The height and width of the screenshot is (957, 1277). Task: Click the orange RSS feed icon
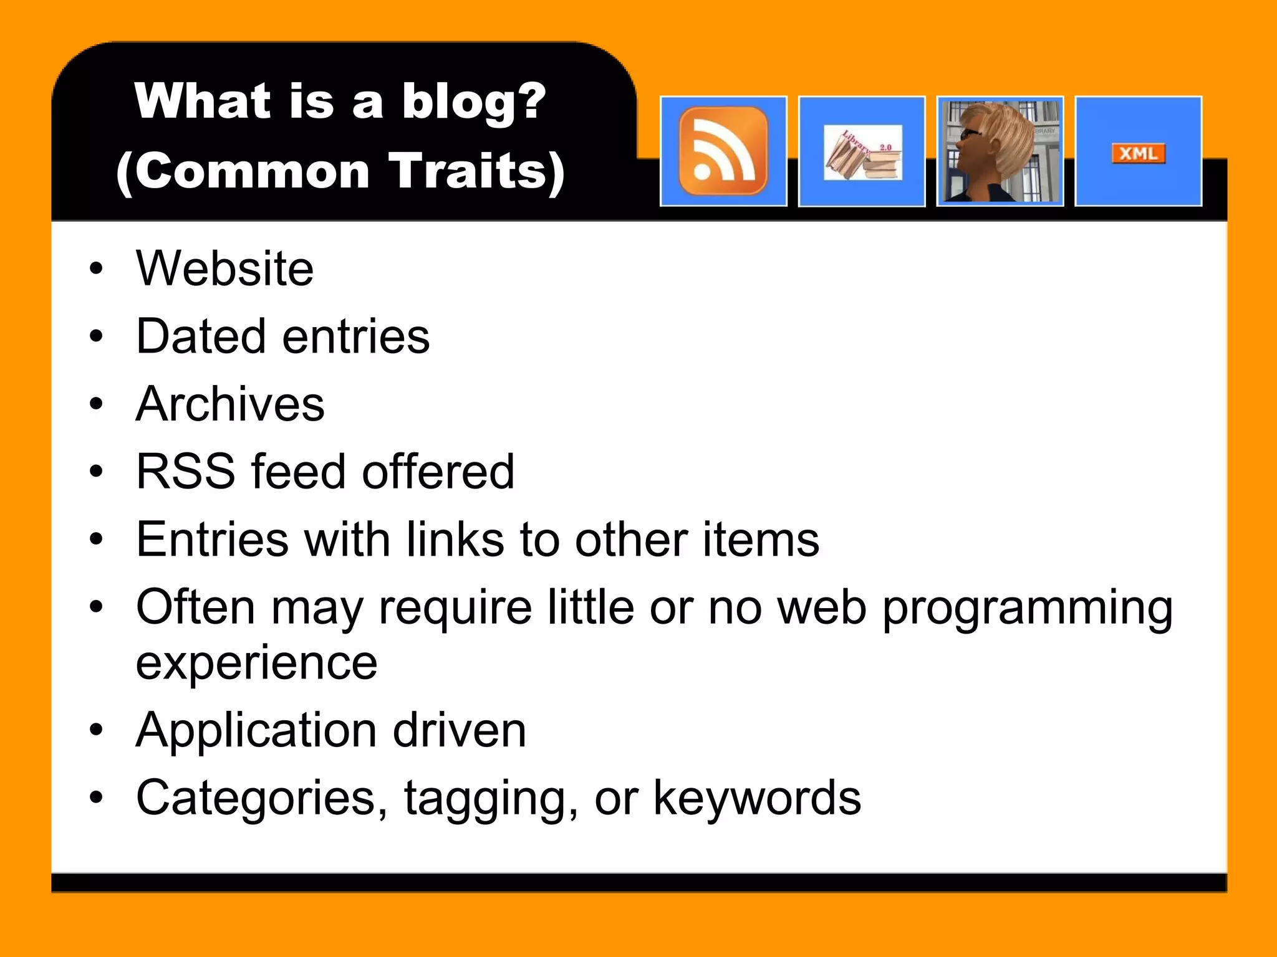coord(723,151)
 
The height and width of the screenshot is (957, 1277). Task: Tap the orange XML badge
coord(1138,153)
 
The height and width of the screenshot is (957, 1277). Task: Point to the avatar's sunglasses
coord(970,134)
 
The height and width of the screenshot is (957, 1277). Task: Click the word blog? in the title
coord(474,101)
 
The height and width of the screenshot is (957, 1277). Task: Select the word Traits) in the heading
coord(477,171)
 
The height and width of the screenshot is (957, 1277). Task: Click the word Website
coord(224,269)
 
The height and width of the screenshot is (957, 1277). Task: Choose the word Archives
coord(230,404)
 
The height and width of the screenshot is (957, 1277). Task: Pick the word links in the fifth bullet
coord(455,540)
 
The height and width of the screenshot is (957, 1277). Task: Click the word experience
coord(256,663)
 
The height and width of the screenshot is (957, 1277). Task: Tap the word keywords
coord(757,798)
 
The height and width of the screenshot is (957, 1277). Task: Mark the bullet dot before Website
coord(95,269)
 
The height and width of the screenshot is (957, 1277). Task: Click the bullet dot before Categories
coord(95,797)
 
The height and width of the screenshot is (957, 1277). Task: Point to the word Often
coord(195,607)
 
